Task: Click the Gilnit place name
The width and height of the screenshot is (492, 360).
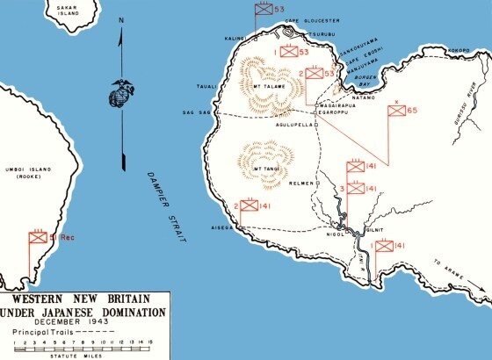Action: [375, 225]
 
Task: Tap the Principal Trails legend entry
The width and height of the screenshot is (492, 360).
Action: [40, 332]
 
